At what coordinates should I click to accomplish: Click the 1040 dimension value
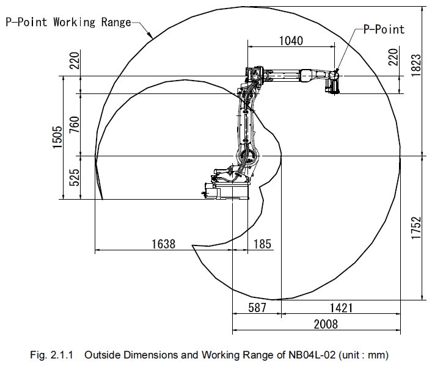coord(291,41)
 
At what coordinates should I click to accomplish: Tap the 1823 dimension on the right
coord(416,65)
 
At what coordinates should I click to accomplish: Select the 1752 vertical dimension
coord(416,228)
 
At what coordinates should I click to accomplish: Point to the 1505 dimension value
coord(57,137)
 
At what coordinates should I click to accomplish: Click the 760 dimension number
coord(74,125)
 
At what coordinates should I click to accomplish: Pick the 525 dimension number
coord(74,177)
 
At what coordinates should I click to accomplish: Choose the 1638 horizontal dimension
coord(163,244)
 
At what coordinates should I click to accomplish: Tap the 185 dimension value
coord(262,244)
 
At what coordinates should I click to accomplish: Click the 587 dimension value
coord(257,308)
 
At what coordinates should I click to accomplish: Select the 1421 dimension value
coord(341,308)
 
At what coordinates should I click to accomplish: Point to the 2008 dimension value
coord(326,324)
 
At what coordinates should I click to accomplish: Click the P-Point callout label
coord(384,29)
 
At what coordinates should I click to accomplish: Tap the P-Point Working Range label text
coord(68,22)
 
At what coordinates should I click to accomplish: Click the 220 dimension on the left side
coord(75,60)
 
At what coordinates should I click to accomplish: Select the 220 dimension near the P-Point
coord(393,57)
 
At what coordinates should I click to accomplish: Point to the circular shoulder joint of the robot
coord(247,156)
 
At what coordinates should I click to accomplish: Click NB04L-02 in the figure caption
coord(312,355)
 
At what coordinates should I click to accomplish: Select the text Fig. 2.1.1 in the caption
coord(51,355)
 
